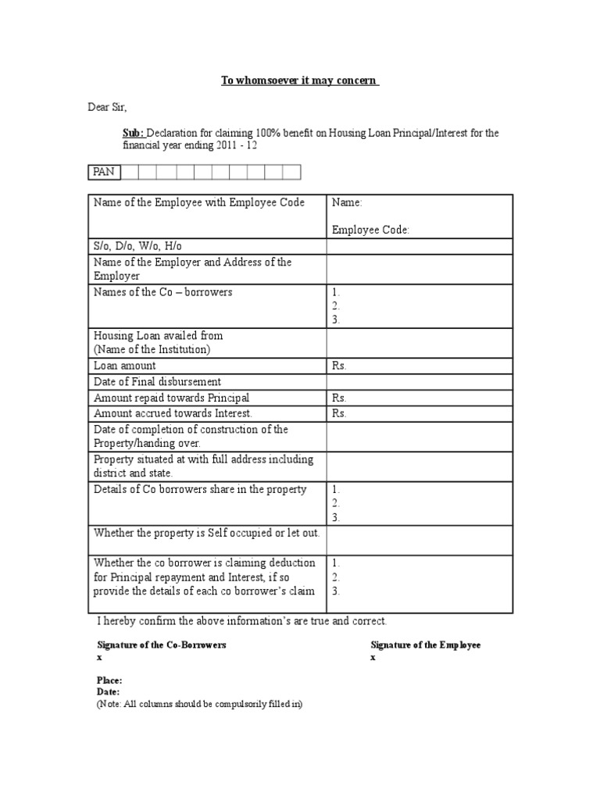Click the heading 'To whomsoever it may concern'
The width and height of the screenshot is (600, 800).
click(299, 81)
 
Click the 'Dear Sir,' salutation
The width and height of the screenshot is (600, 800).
click(107, 107)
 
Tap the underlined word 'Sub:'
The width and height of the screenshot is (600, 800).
click(134, 134)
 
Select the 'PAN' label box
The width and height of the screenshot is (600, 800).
click(103, 172)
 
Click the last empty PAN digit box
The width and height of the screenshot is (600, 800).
click(291, 172)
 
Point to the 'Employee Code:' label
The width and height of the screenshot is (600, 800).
click(370, 230)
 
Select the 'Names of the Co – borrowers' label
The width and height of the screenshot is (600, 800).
click(162, 292)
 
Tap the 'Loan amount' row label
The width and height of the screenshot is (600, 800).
click(125, 365)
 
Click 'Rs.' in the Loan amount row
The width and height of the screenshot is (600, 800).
click(339, 365)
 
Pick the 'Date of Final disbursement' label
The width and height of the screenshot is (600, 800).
click(157, 381)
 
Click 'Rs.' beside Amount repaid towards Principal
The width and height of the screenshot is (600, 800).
click(339, 398)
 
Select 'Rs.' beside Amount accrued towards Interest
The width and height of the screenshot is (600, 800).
click(339, 413)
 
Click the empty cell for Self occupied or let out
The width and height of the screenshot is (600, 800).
click(420, 540)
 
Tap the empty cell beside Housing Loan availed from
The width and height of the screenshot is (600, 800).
click(420, 342)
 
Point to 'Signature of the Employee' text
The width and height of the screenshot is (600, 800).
click(425, 645)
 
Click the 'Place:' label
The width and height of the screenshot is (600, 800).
click(109, 680)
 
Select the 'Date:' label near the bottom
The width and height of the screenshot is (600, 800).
click(108, 692)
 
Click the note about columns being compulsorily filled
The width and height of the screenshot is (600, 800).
click(199, 704)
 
